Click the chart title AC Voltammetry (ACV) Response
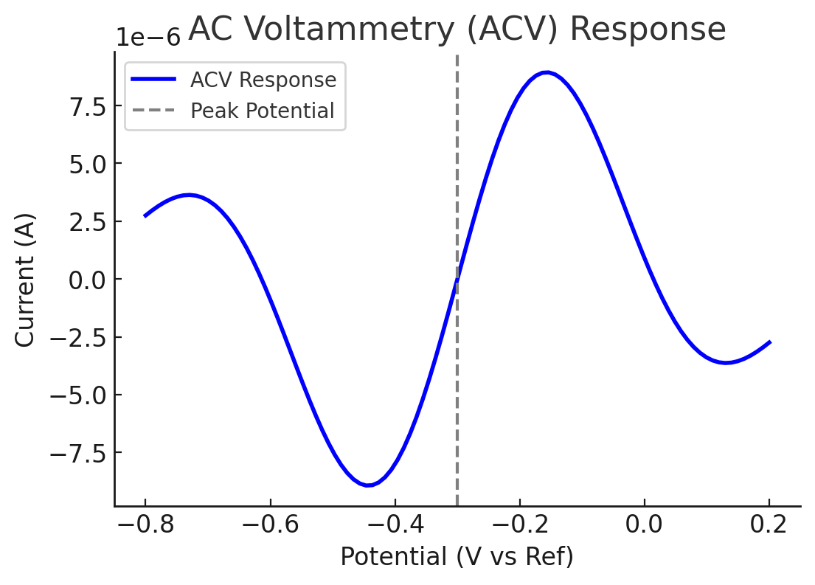(x=457, y=30)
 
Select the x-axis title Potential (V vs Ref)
(x=457, y=557)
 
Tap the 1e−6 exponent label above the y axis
(x=148, y=38)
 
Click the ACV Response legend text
(x=263, y=80)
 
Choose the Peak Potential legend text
(x=262, y=111)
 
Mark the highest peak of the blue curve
(x=546, y=72)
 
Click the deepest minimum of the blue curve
(x=369, y=485)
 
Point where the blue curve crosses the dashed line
(x=457, y=279)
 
